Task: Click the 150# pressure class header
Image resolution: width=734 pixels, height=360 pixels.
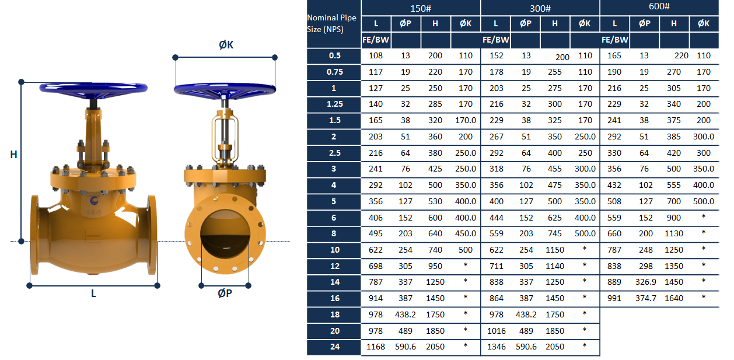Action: (x=421, y=8)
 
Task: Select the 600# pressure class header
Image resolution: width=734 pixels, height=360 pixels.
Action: (x=659, y=6)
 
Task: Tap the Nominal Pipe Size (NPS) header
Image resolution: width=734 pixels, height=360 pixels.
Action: (x=331, y=23)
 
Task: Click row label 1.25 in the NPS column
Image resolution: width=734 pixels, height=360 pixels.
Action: (x=334, y=104)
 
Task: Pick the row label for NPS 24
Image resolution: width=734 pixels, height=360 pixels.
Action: (x=334, y=347)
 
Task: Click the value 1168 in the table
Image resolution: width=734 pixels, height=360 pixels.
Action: (x=376, y=347)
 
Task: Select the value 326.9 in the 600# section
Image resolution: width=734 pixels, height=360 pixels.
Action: (x=645, y=282)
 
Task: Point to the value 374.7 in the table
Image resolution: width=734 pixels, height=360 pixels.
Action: (x=645, y=298)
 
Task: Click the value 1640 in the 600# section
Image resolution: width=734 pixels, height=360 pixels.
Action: (x=674, y=298)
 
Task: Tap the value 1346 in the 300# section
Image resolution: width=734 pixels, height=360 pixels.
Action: (x=496, y=347)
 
